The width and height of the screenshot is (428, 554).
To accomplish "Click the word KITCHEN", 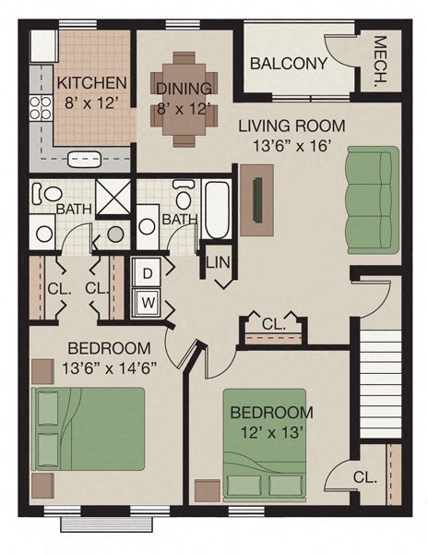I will pos(91,82).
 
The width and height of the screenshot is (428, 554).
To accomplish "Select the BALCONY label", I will pos(289,64).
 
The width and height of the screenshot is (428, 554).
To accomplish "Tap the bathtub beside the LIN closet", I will pos(218,211).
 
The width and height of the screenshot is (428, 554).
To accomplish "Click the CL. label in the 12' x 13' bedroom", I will pos(364,477).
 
